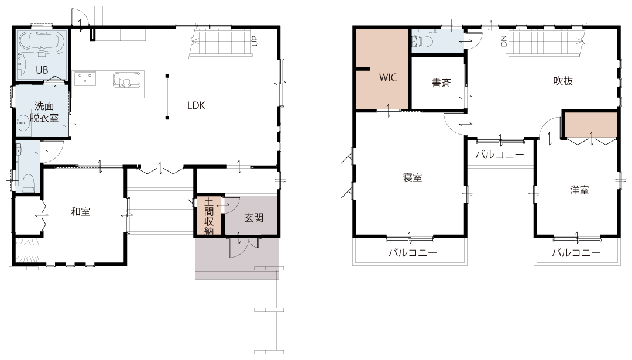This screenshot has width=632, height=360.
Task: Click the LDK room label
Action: pos(196,105)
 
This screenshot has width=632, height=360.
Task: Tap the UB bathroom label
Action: pos(42,70)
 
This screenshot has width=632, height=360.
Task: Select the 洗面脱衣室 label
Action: pos(44,112)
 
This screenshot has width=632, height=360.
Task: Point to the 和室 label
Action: pos(81,211)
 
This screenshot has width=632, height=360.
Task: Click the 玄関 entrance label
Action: pos(254,218)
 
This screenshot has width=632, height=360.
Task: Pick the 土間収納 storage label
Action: pos(209,216)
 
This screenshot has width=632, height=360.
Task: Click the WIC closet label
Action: pos(388,77)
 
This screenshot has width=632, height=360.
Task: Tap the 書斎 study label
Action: pos(441,83)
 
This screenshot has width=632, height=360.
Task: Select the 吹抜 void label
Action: pos(563,81)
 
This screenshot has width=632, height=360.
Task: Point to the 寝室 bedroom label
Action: pos(413,177)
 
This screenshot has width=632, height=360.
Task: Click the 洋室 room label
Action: pos(579,190)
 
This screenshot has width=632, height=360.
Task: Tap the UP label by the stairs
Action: pos(255,41)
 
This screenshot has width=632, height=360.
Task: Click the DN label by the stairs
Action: pos(503,41)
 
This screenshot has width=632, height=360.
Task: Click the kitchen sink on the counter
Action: pos(126,80)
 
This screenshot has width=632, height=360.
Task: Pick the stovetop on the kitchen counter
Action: pos(85,78)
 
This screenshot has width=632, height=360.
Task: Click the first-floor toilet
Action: pos(29,183)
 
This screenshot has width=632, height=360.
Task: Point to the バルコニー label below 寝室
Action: pos(413,253)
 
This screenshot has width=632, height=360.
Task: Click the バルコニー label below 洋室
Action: pos(576,253)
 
